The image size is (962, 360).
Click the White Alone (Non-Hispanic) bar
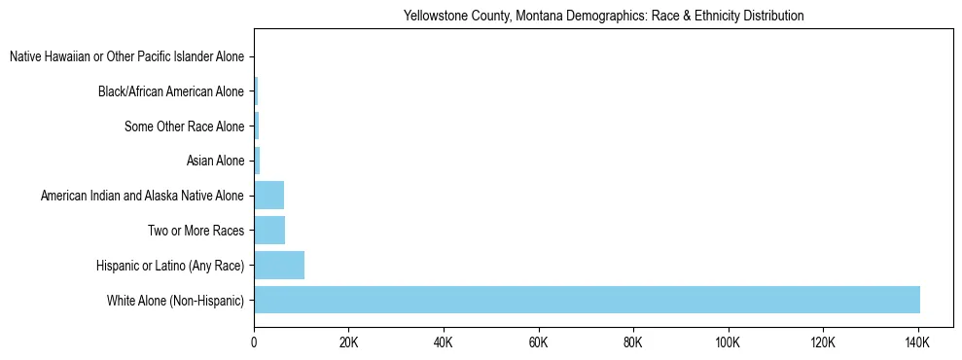pos(587,300)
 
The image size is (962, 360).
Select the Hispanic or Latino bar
pos(279,265)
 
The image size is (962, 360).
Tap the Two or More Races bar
pos(269,230)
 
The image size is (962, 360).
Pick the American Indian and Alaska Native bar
pos(268,195)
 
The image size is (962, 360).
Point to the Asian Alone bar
pos(257,161)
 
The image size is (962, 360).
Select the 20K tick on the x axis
pos(348,343)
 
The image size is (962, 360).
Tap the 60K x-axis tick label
pos(538,343)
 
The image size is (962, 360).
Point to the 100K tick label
pos(728,343)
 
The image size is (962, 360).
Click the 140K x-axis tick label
pos(917,343)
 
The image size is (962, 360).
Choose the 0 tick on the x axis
pos(254,343)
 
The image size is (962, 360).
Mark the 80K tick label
pos(633,343)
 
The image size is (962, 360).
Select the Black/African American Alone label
pos(171,91)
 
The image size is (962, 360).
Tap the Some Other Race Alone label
pos(185,126)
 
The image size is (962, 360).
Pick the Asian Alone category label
pos(215,162)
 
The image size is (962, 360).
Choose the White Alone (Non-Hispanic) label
pos(175,301)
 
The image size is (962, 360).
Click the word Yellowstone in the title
pos(434,17)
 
